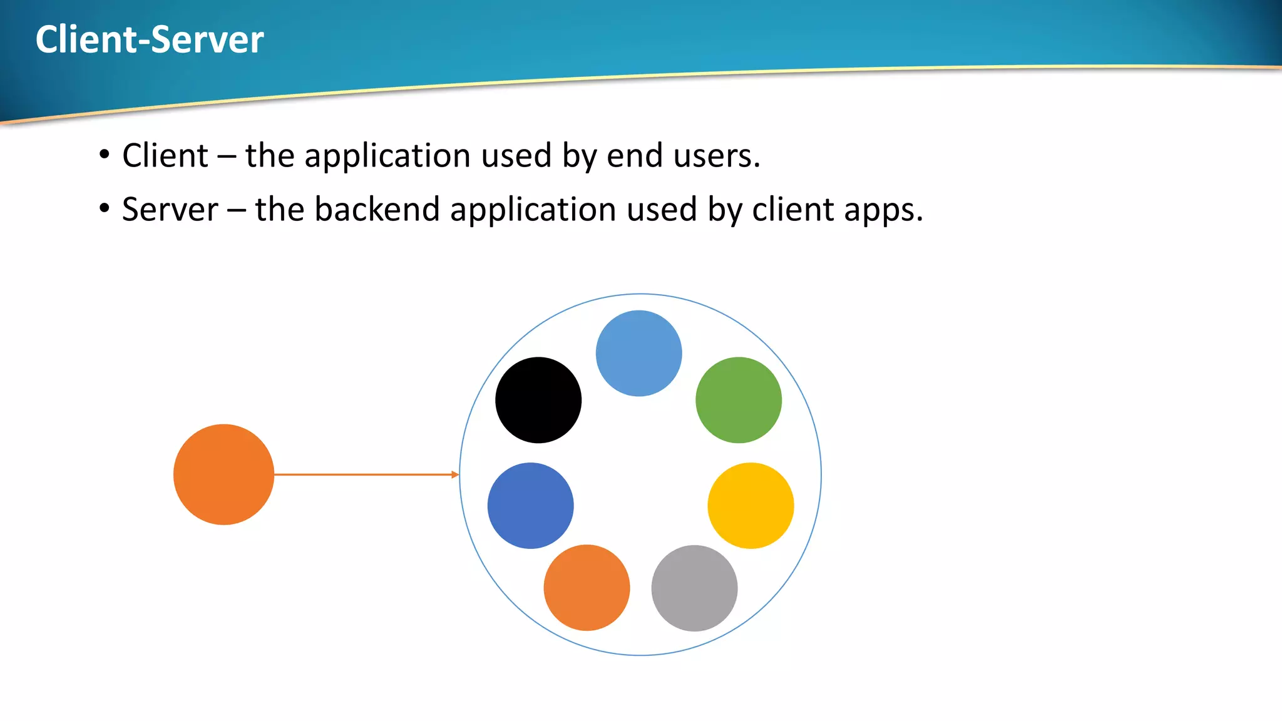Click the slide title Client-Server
[150, 39]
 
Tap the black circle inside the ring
[538, 400]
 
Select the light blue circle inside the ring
[638, 353]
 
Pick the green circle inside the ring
[739, 400]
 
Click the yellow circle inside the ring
[751, 506]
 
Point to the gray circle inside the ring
[694, 588]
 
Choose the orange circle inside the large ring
[587, 588]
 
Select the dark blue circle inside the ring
[531, 506]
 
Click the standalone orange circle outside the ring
[223, 474]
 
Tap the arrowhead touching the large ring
[455, 474]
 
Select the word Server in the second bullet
[170, 209]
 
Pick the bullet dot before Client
[105, 154]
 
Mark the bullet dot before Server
[105, 208]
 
